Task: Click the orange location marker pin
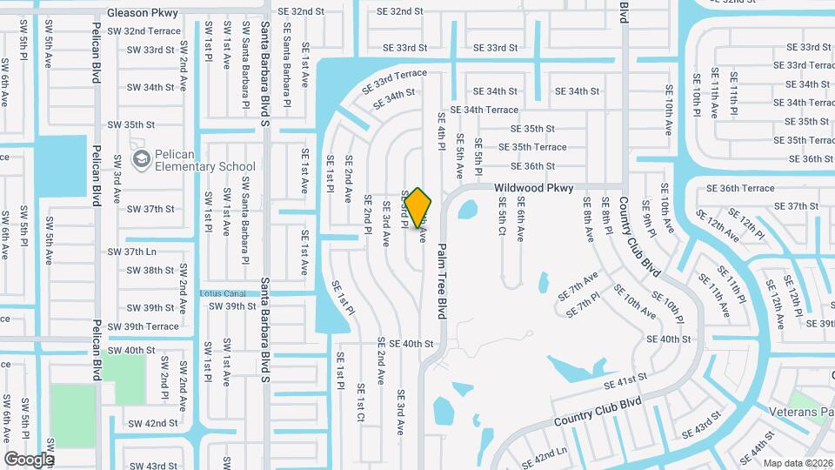click(417, 206)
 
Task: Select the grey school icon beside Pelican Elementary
click(140, 159)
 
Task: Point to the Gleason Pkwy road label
click(143, 13)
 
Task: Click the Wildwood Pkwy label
click(534, 187)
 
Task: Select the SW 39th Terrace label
click(142, 326)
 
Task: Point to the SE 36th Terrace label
click(739, 188)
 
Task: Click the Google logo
click(30, 459)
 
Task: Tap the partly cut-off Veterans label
click(801, 411)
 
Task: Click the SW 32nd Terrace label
click(140, 30)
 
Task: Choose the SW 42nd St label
click(152, 423)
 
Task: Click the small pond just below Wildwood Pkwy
click(467, 210)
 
